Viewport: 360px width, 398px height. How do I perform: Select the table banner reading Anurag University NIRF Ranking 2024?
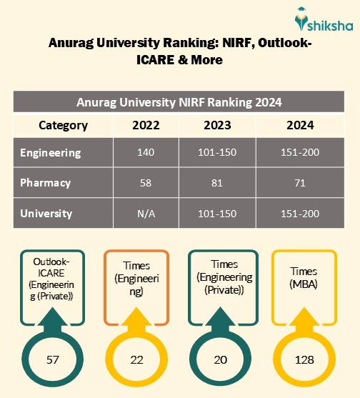coord(179,102)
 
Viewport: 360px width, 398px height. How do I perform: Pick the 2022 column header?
coord(146,126)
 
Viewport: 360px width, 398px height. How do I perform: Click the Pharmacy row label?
coord(46,183)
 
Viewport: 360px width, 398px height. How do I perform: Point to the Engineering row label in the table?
coord(51,153)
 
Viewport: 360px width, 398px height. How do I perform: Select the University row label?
coord(46,213)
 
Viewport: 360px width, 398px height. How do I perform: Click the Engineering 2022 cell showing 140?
coord(146,153)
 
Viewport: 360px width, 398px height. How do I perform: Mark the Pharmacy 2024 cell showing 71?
coord(300,183)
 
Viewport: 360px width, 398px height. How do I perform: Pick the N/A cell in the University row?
coord(146,213)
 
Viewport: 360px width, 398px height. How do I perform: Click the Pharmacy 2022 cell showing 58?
coord(146,183)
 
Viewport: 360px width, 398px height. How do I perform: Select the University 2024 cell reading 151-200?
coord(300,213)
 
